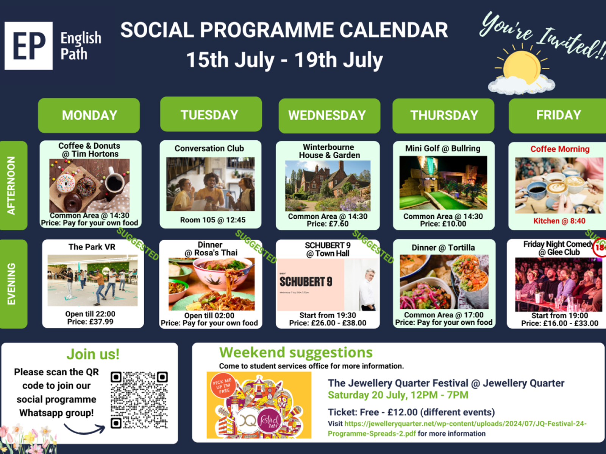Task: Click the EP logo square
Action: pos(28,46)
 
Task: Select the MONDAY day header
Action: pos(89,115)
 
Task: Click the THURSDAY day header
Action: pos(444,115)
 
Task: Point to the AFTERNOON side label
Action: pos(12,185)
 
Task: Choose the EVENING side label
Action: pos(12,284)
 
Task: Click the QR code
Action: pos(139,400)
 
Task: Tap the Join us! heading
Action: pos(93,354)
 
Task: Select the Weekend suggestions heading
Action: pos(296,352)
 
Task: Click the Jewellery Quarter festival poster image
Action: pos(259,405)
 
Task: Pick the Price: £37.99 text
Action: pos(90,322)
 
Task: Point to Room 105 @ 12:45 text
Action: pos(212,220)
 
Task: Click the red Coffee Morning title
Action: pos(559,149)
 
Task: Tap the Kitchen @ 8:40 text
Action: pos(559,221)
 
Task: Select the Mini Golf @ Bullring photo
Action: pos(443,183)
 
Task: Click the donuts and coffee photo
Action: pos(89,185)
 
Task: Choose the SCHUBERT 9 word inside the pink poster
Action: pos(306,282)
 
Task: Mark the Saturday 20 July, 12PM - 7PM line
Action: pos(398,395)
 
